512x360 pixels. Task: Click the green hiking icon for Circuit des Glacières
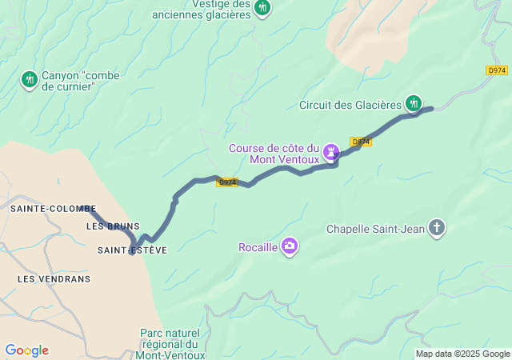[x=414, y=102]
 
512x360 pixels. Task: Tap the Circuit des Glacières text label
[x=350, y=105]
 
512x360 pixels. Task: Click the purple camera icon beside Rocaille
[x=290, y=246]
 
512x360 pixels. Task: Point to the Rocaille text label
[x=258, y=247]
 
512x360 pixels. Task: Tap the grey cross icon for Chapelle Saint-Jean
[x=437, y=229]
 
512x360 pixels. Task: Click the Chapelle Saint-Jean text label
[x=375, y=230]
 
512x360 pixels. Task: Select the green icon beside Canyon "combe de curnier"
[x=30, y=78]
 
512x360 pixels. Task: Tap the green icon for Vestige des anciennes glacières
[x=262, y=8]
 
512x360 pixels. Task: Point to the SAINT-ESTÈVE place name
[x=132, y=250]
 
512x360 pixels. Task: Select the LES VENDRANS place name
[x=54, y=279]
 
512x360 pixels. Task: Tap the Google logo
[x=26, y=350]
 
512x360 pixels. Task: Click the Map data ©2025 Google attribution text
[x=462, y=354]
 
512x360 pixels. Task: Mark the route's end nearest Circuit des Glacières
[x=431, y=108]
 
